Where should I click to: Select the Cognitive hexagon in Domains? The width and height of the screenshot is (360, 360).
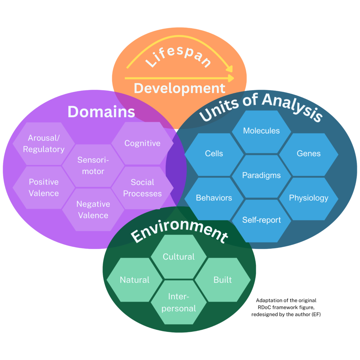[x=142, y=143]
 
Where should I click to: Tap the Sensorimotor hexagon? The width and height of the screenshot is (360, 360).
[x=93, y=166]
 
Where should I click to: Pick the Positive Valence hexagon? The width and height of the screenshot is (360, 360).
[x=44, y=187]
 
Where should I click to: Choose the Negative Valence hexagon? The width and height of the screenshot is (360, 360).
[x=93, y=210]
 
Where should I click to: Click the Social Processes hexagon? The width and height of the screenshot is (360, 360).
[x=142, y=188]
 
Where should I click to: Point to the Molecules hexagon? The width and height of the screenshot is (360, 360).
[x=262, y=131]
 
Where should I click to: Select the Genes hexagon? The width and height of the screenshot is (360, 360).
[x=309, y=154]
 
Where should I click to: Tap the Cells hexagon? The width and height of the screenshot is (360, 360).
[x=214, y=154]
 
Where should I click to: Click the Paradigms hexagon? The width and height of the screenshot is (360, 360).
[x=262, y=175]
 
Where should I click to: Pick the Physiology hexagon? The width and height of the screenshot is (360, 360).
[x=309, y=198]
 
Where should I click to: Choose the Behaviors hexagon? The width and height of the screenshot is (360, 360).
[x=214, y=198]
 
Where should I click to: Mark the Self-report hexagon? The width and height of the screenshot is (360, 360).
[x=262, y=220]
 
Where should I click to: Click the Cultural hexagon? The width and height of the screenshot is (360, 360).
[x=179, y=257]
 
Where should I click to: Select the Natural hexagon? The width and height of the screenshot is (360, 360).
[x=135, y=280]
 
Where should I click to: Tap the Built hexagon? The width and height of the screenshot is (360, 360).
[x=223, y=280]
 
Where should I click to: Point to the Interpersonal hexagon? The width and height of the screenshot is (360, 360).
[x=179, y=302]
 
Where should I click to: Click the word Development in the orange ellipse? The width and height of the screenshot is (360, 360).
[x=179, y=88]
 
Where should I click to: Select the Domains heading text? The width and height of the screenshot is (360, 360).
[x=101, y=112]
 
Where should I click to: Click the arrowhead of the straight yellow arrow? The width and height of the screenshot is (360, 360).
[x=231, y=78]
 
